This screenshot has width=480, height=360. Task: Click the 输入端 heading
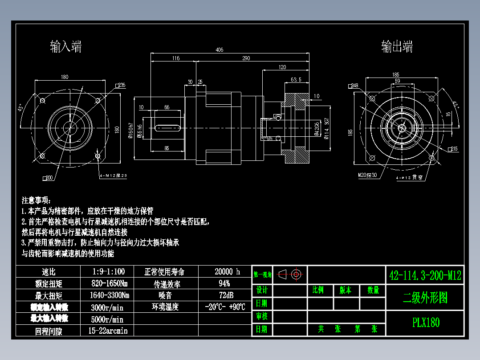66,46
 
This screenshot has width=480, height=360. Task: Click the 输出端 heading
397,47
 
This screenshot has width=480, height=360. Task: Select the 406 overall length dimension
219,50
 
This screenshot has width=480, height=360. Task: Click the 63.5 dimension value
296,80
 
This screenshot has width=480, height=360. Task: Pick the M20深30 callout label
367,175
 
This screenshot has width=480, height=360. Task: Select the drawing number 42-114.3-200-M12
425,275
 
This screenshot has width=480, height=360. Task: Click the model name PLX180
426,323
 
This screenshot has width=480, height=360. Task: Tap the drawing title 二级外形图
425,298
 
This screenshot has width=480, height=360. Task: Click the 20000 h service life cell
227,272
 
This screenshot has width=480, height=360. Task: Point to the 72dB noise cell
226,295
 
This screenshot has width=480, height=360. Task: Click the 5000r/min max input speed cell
107,319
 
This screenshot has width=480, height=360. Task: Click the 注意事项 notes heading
37,200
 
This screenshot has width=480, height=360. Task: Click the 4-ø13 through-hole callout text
409,177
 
